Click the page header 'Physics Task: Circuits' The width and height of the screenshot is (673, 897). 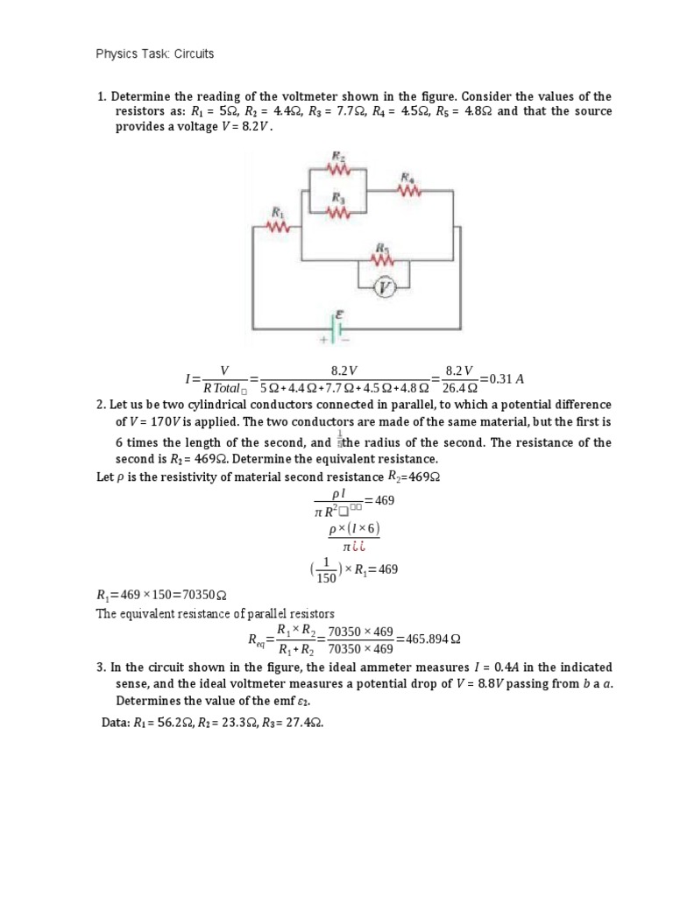click(155, 54)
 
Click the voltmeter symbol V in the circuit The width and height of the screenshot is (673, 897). click(384, 287)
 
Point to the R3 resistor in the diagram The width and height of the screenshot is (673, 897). click(338, 211)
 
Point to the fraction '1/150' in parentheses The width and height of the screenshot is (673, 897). click(324, 570)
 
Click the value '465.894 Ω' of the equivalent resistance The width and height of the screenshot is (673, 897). click(429, 639)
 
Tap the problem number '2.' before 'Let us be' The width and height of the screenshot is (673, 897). click(100, 405)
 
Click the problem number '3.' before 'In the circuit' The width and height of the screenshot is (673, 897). click(100, 667)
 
